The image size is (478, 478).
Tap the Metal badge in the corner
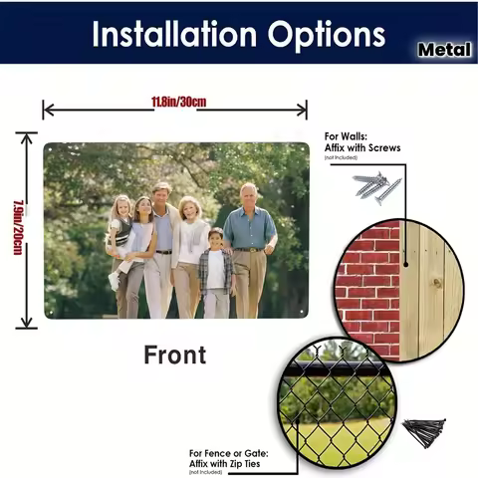pyautogui.click(x=445, y=48)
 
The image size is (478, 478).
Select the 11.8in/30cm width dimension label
pyautogui.click(x=178, y=103)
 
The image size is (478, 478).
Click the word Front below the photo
pyautogui.click(x=174, y=355)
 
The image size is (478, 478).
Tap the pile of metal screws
pyautogui.click(x=375, y=185)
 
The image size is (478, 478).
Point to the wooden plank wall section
pyautogui.click(x=430, y=289)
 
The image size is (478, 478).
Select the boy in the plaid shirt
pyautogui.click(x=215, y=273)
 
